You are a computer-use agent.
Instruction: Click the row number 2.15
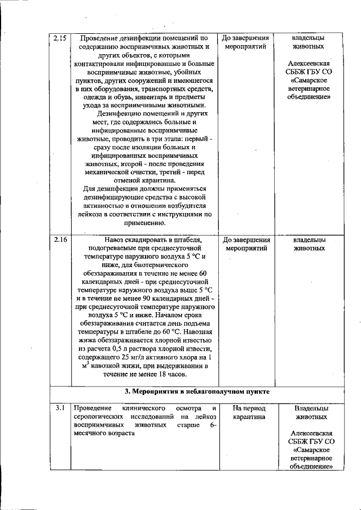[60, 38]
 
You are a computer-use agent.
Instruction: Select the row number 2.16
[60, 240]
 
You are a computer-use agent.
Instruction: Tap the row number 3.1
[59, 407]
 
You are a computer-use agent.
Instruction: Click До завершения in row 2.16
[245, 239]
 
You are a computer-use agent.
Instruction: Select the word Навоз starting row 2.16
[109, 239]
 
